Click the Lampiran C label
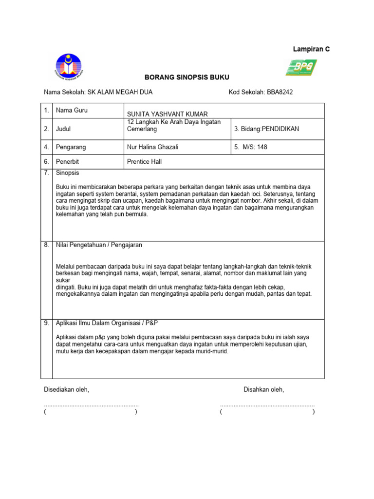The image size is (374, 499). point(311,49)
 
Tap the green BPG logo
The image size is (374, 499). point(301,67)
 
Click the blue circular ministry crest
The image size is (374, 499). point(69,67)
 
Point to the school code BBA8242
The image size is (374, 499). point(280,92)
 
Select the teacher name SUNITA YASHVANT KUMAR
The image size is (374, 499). point(164,114)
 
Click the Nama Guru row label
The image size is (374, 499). point(72,111)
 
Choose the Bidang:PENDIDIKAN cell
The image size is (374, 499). point(266,129)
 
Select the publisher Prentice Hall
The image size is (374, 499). point(144,161)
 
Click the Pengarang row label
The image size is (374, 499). point(71,147)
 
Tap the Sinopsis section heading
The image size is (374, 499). point(68,173)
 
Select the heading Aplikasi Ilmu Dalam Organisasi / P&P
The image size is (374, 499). point(107,323)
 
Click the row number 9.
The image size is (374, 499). point(46,323)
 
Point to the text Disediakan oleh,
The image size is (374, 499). point(67,390)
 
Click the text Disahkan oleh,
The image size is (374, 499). point(263,390)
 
